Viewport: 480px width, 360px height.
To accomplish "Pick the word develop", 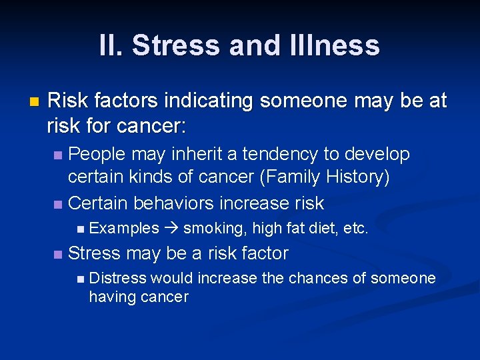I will [377, 154].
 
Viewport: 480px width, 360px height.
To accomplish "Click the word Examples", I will [124, 229].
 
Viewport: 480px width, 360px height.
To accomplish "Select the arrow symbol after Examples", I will [170, 229].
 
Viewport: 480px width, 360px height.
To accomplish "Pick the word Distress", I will [118, 278].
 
